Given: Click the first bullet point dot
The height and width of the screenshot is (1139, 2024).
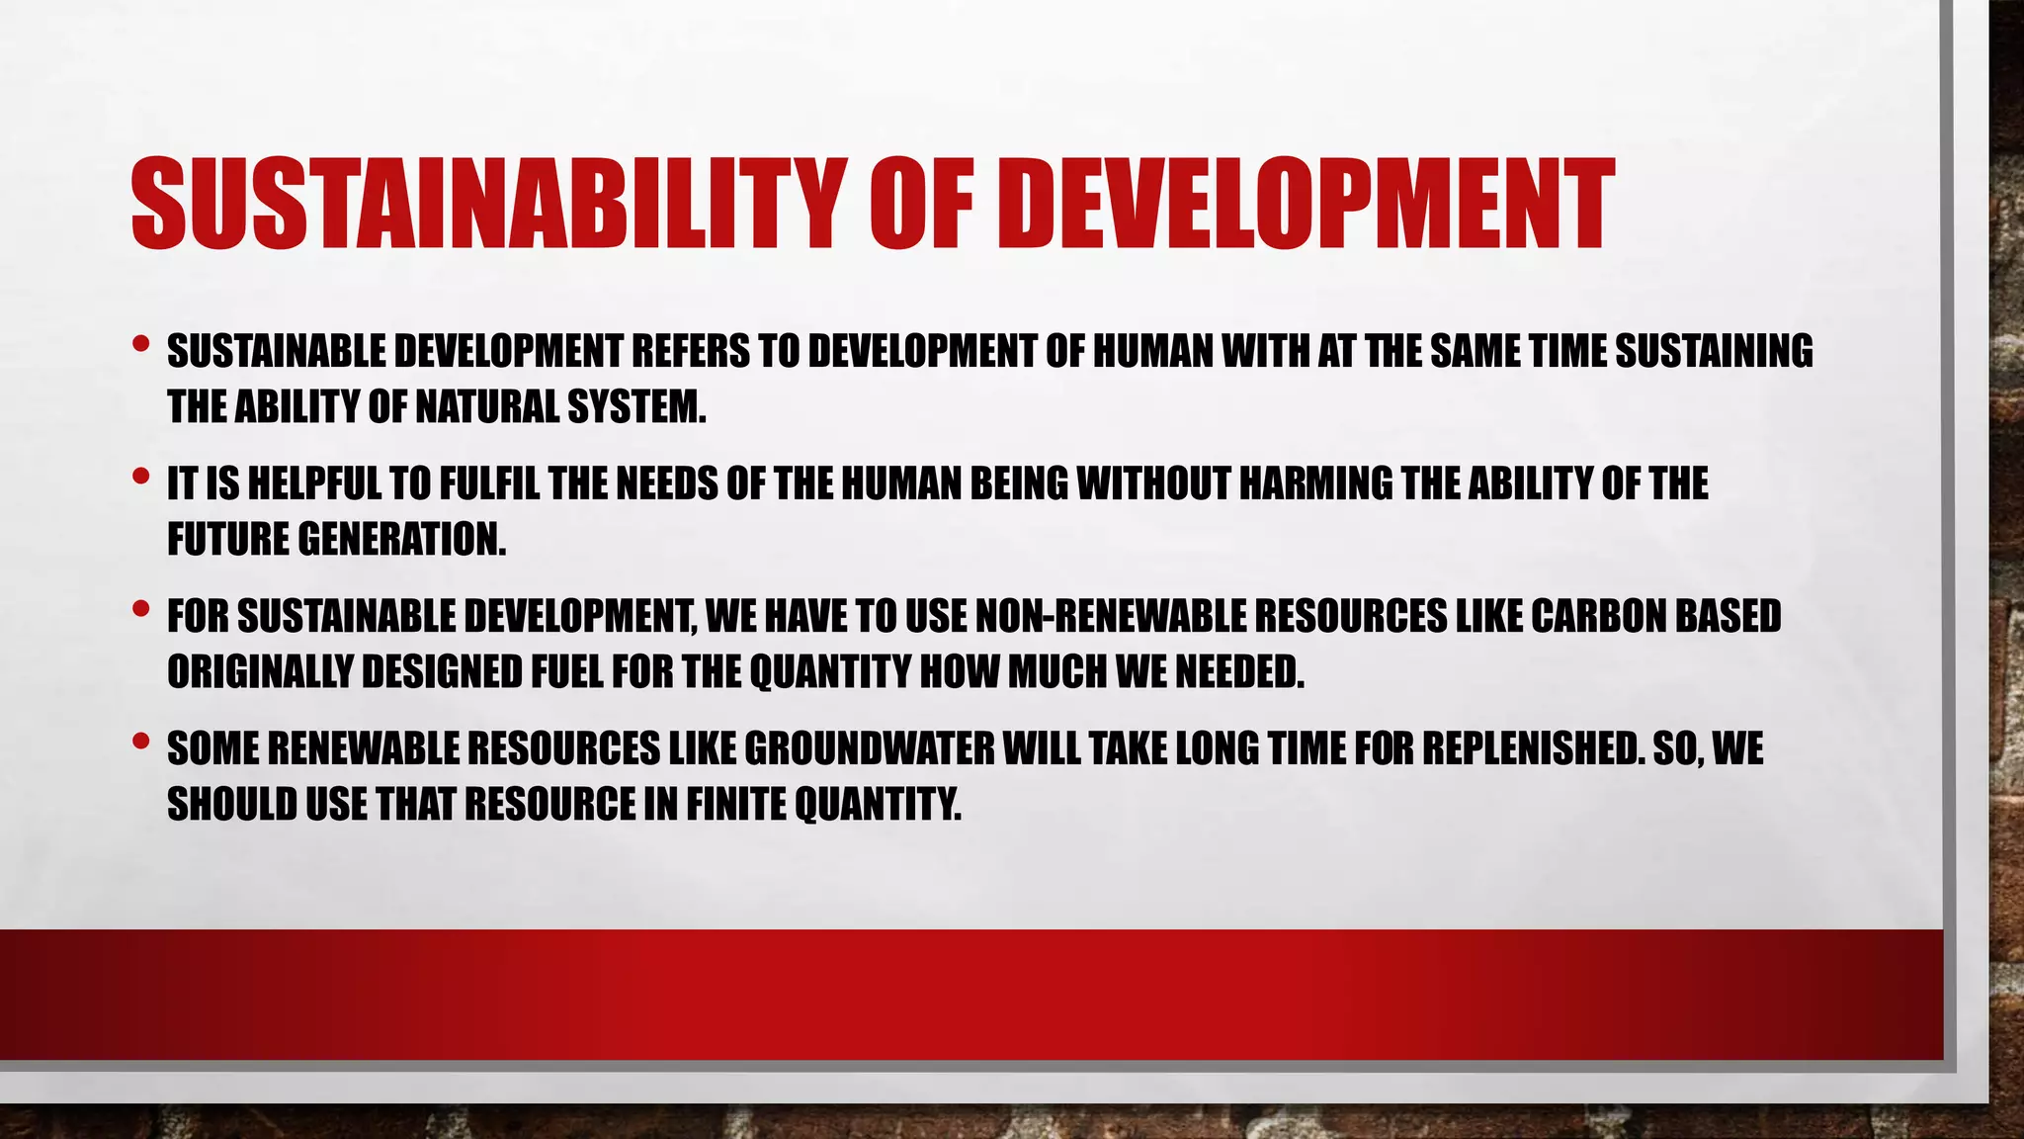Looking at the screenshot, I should coord(140,345).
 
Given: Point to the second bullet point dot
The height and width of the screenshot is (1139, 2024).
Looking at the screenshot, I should coord(140,478).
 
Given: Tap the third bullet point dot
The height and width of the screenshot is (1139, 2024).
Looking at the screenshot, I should coord(140,610).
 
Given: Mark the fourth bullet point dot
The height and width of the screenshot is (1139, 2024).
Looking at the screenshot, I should coord(140,741).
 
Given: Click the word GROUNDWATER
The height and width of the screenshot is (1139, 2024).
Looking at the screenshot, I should coord(869,749).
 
